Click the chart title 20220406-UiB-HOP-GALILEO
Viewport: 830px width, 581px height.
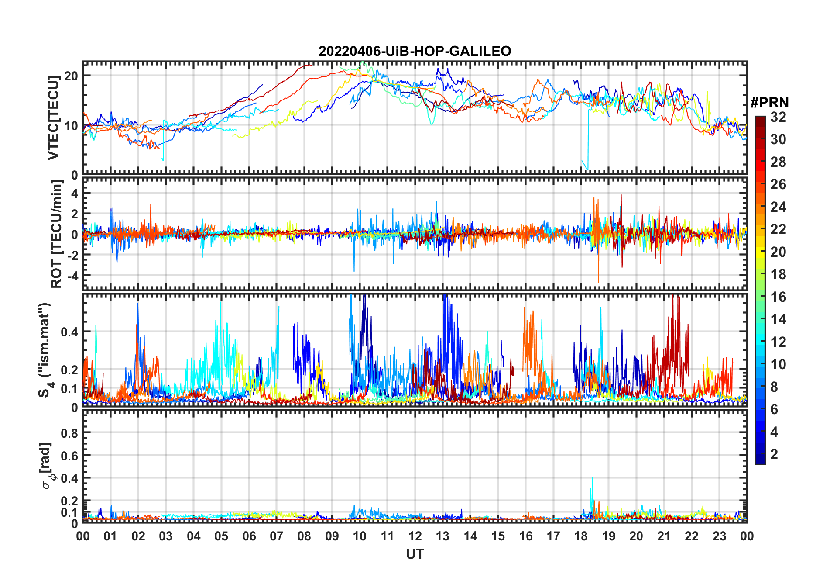click(415, 52)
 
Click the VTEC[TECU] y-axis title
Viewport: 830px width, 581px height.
click(53, 118)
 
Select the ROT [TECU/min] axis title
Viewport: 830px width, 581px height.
click(57, 234)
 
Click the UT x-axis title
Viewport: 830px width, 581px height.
click(415, 554)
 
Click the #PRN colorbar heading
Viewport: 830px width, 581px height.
click(769, 103)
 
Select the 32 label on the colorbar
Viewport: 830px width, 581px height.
click(778, 117)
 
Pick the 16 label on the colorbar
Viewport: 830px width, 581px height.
click(778, 297)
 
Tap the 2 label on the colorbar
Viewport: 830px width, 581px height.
click(774, 454)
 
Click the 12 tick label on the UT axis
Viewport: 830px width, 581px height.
click(415, 536)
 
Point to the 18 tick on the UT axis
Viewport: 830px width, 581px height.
click(581, 536)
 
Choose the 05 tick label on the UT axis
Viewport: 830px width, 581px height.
click(221, 536)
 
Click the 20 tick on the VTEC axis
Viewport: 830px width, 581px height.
click(71, 76)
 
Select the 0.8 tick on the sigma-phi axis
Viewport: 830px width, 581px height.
click(70, 433)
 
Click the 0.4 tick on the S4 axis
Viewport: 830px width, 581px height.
click(70, 332)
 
